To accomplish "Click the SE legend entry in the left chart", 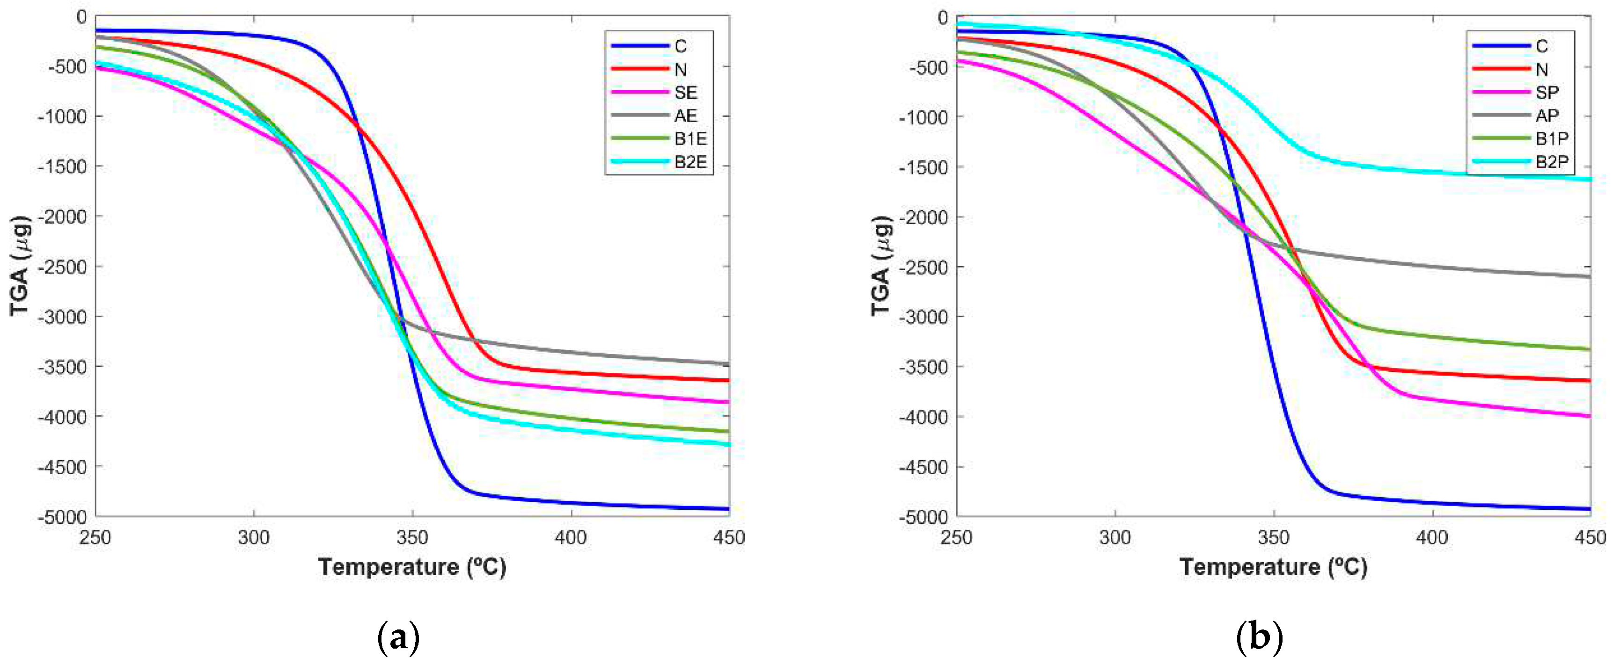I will [686, 93].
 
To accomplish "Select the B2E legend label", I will [690, 162].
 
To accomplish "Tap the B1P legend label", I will [1552, 139].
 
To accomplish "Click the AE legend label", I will [686, 116].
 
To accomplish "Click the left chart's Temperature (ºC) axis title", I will [412, 567].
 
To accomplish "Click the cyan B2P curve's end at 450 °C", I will [1589, 179].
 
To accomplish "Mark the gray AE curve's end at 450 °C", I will [727, 364].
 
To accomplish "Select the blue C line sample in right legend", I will [1500, 46].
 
